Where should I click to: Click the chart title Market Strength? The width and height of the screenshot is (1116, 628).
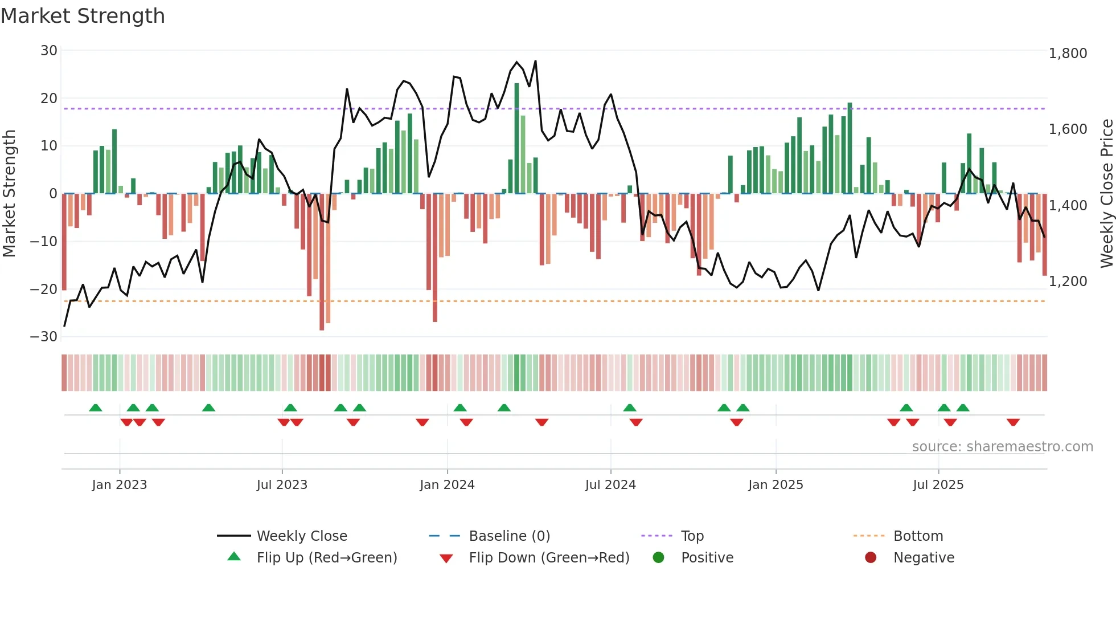point(83,16)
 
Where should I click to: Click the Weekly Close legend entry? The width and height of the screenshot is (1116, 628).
point(301,536)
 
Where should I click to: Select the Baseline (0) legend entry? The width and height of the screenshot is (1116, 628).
point(509,536)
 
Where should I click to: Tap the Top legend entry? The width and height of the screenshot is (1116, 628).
point(692,536)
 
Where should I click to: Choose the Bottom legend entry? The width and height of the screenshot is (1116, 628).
point(918,536)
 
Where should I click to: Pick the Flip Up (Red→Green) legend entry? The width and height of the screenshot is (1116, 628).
point(326,557)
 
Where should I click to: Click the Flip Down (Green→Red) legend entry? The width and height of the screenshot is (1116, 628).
point(549,557)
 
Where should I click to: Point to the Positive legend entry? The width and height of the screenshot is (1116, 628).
point(707,557)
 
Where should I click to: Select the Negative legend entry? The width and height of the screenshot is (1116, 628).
point(923,557)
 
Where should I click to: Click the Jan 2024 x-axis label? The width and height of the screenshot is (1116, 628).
point(447,484)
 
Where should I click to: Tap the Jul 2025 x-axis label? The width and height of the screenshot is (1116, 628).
point(938,484)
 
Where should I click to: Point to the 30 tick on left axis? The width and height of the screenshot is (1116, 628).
point(49,51)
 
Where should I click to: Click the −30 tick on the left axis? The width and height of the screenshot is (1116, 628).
point(44,336)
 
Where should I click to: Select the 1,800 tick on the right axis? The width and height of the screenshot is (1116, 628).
point(1068,54)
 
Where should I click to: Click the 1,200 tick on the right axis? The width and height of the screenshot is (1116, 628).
point(1068,282)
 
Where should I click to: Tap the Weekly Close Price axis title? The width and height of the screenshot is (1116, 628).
point(1106,194)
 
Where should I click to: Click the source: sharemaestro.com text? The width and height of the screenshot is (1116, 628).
point(1002,446)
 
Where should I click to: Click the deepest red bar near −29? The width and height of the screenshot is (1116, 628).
point(322,262)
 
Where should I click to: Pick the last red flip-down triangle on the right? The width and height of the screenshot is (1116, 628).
point(1013,422)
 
